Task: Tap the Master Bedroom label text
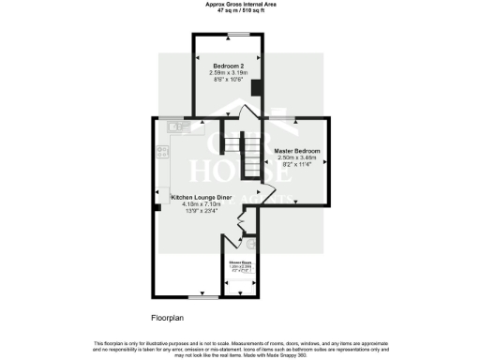[x=297, y=151]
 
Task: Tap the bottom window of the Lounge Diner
[x=196, y=298]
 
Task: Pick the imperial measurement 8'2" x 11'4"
[x=297, y=166]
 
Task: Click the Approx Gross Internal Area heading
[x=240, y=4]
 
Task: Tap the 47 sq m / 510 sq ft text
[x=240, y=9]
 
